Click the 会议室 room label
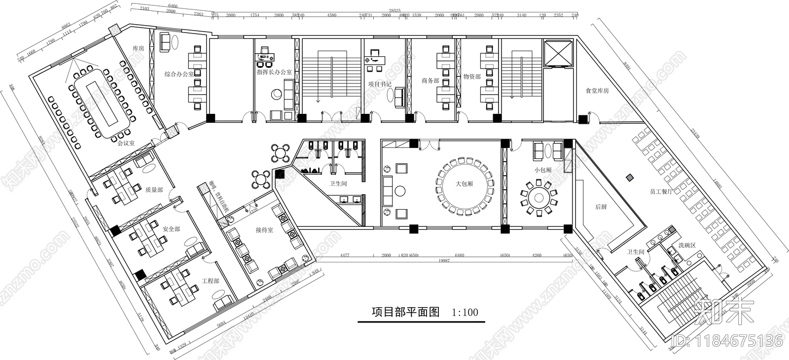(x=126, y=144)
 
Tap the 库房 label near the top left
(x=138, y=48)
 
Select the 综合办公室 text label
(x=179, y=74)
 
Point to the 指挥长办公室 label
(x=274, y=72)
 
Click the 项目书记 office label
(x=379, y=84)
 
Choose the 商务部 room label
(x=430, y=80)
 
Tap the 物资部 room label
(x=471, y=77)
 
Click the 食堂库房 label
(x=597, y=91)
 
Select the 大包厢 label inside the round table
(x=464, y=183)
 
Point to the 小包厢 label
(x=542, y=170)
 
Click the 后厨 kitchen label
(x=601, y=207)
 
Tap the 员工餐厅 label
(x=661, y=191)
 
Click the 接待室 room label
(x=264, y=230)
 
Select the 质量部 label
(x=154, y=189)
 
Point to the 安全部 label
(x=171, y=229)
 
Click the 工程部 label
(x=210, y=281)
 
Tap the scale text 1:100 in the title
(x=465, y=312)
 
